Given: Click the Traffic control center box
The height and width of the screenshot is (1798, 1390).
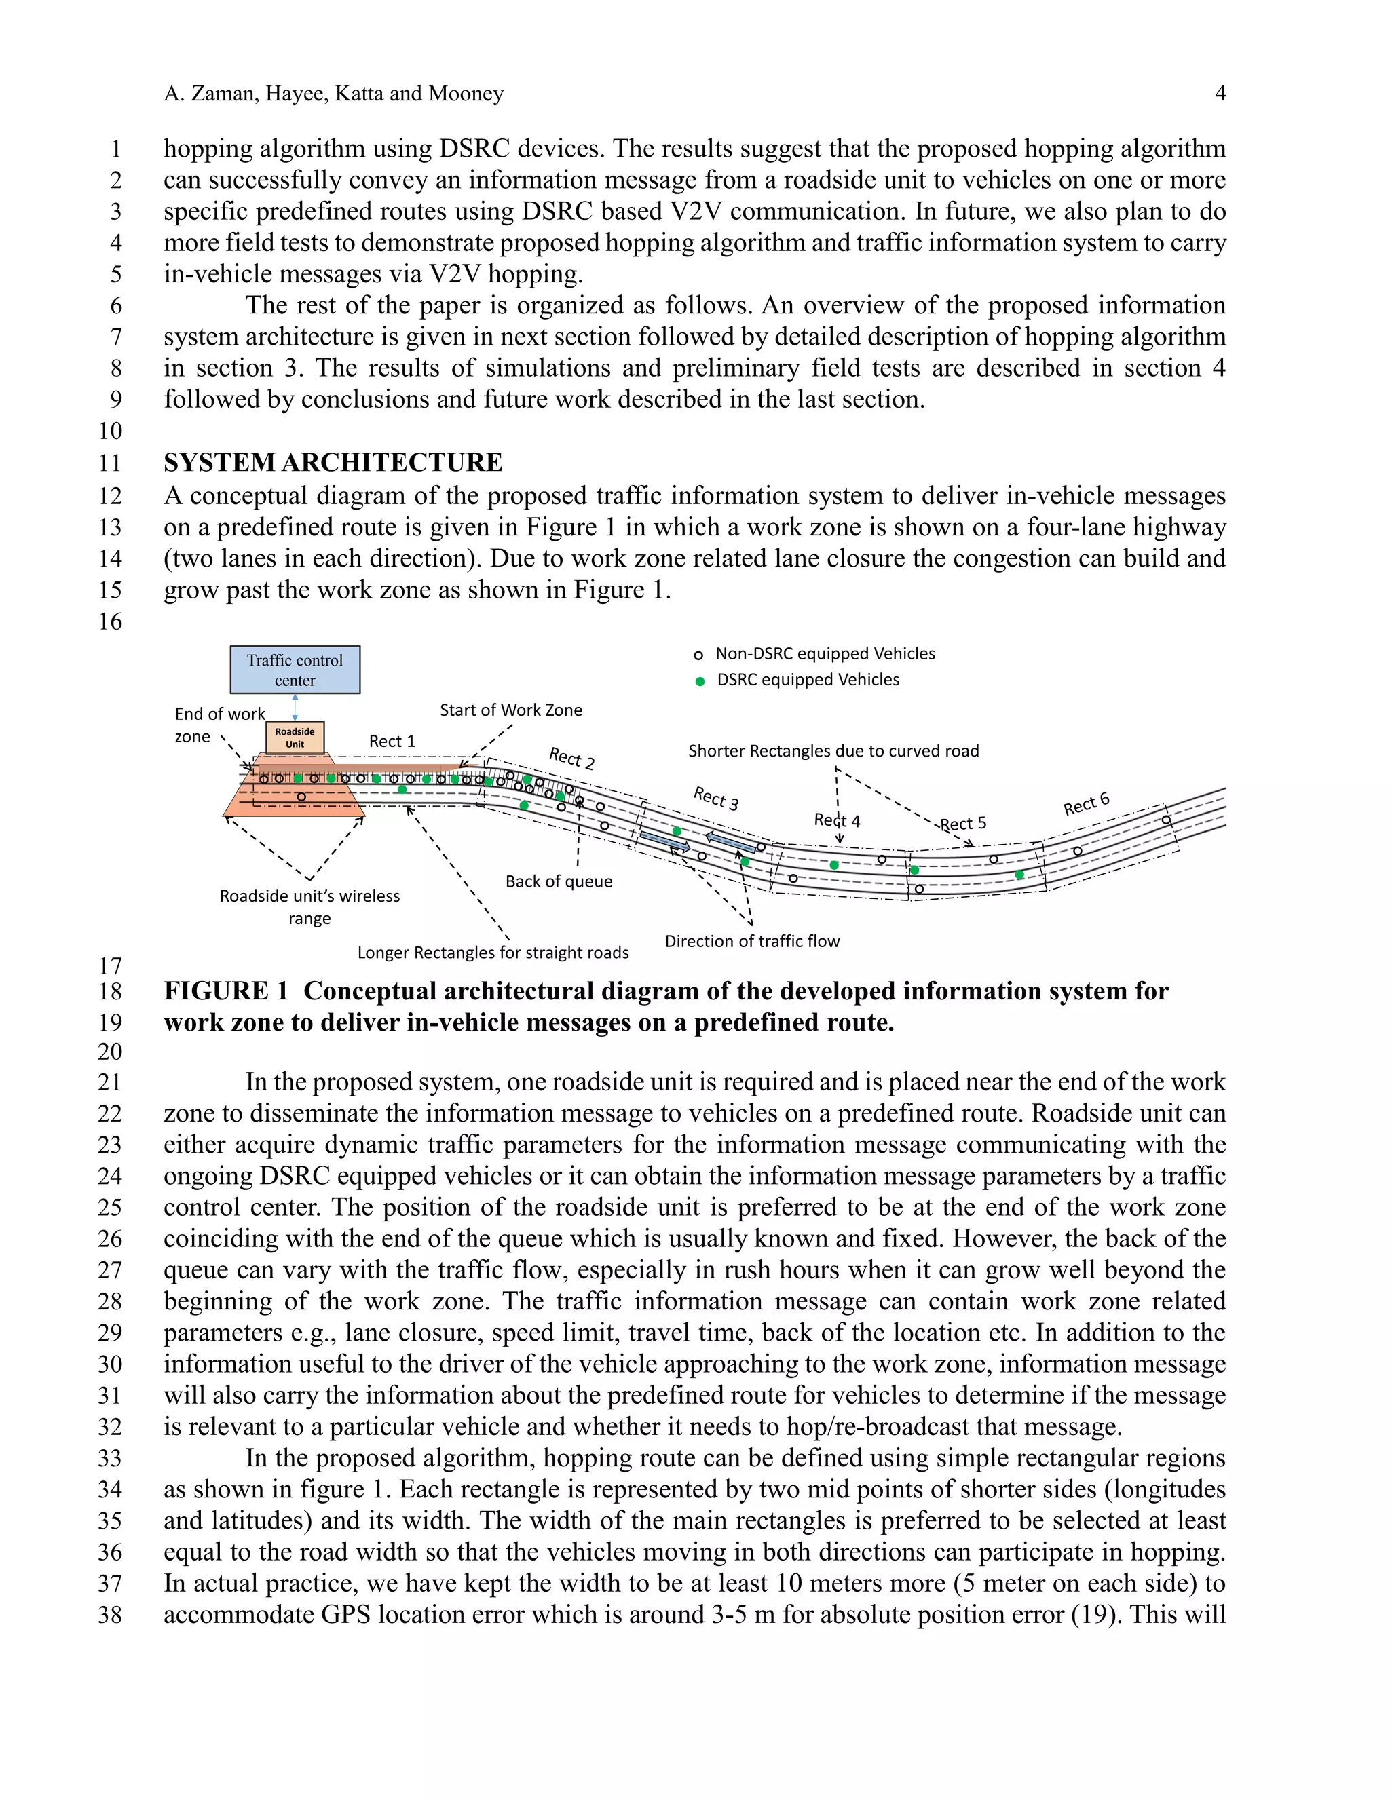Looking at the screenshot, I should click(x=295, y=669).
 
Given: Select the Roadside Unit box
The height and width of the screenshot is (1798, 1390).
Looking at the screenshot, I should click(x=295, y=737).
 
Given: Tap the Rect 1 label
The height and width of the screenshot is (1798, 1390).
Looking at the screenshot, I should click(x=392, y=741).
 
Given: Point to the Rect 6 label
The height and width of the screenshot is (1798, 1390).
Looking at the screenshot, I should click(x=1086, y=803).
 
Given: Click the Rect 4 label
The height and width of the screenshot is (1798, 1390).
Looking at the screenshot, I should click(x=837, y=820).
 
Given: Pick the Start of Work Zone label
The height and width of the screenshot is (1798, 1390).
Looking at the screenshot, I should click(x=510, y=710).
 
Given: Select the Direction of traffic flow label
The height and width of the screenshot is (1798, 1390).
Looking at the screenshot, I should click(x=752, y=941).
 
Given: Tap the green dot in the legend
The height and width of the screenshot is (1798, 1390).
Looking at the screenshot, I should click(x=700, y=681).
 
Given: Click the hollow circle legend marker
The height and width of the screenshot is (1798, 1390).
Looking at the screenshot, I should click(x=698, y=655).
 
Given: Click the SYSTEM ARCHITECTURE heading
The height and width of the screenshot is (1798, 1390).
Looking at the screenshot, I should click(x=333, y=462).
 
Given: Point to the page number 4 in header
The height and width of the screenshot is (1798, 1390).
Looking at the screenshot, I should click(x=1220, y=93).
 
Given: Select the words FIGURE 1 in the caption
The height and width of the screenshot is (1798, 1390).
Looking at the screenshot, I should click(x=225, y=991).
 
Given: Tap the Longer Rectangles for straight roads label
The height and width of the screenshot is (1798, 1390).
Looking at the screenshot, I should click(x=493, y=953).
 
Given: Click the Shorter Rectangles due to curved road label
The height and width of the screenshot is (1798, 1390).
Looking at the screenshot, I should click(x=833, y=751).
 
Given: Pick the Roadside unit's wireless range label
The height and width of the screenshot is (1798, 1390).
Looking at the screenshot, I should click(x=309, y=906).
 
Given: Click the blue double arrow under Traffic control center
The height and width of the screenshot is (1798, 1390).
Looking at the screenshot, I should click(x=295, y=707).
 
